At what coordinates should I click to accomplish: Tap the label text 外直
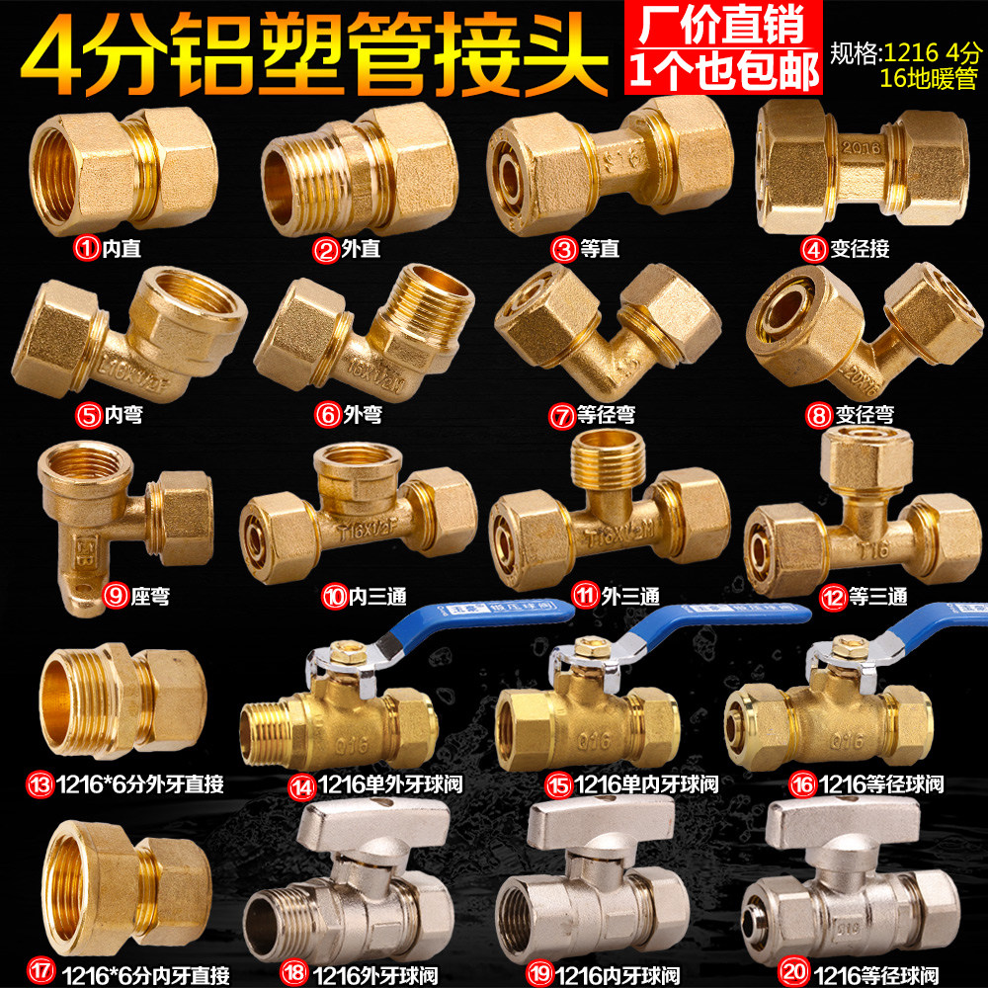point(364,248)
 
